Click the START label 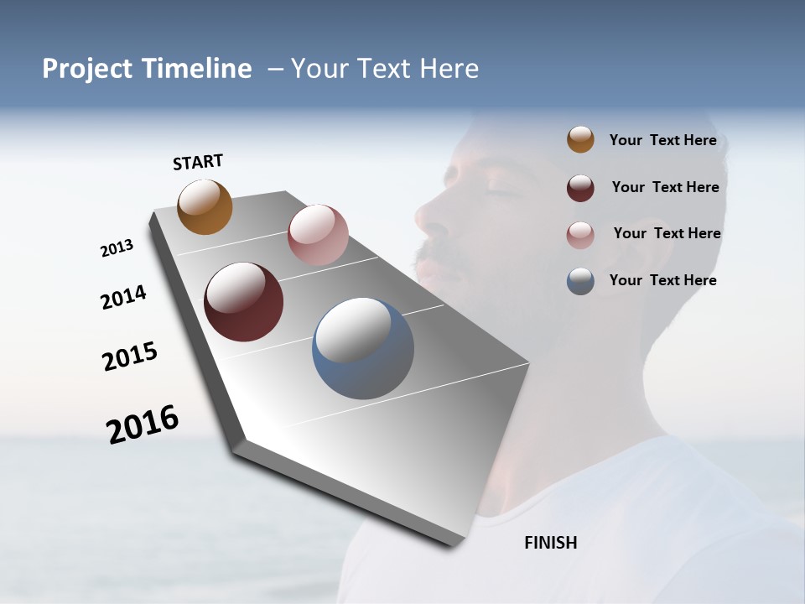point(198,162)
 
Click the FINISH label point(551,543)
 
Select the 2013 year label point(117,248)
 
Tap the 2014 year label point(124,297)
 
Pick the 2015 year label point(130,357)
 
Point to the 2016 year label point(143,424)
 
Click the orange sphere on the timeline point(205,206)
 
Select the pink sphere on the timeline point(318,235)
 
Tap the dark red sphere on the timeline point(243,302)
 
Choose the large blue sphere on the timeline point(362,348)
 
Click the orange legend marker point(580,140)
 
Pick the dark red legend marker point(580,188)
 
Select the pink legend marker point(580,235)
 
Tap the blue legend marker point(580,281)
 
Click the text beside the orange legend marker point(662,140)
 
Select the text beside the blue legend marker point(662,280)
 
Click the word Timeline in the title point(197,69)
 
